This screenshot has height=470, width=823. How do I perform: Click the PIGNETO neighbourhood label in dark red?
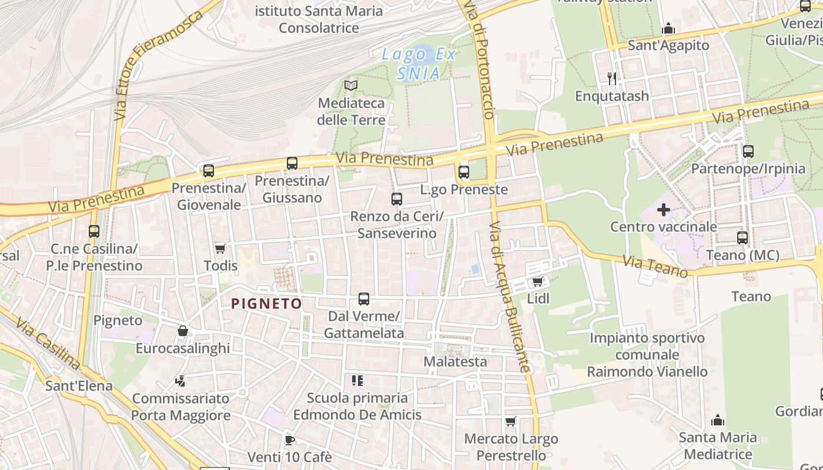(266, 304)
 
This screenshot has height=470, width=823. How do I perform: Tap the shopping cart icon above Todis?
(220, 249)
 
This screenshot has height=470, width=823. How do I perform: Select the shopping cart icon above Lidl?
(537, 281)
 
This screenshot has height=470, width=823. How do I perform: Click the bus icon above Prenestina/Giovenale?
(209, 171)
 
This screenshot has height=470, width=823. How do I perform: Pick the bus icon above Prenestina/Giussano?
(292, 163)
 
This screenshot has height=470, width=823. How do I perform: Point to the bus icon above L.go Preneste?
(464, 172)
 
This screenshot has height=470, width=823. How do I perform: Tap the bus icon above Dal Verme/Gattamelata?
(364, 299)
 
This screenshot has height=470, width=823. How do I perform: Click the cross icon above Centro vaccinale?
(664, 210)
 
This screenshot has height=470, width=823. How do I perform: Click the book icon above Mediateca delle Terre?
(351, 86)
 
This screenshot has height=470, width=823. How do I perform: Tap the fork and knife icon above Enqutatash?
(612, 78)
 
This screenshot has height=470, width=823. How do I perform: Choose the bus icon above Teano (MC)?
(742, 238)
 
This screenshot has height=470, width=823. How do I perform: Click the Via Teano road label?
(655, 267)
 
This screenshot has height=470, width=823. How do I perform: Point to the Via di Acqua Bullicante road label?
(510, 297)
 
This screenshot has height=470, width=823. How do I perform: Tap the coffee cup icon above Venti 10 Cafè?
(289, 439)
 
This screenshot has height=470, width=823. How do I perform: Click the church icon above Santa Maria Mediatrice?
(718, 420)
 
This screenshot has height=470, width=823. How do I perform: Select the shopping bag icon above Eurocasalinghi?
(183, 331)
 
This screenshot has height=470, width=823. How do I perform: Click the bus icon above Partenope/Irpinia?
(748, 152)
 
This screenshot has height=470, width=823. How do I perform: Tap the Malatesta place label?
(456, 361)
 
